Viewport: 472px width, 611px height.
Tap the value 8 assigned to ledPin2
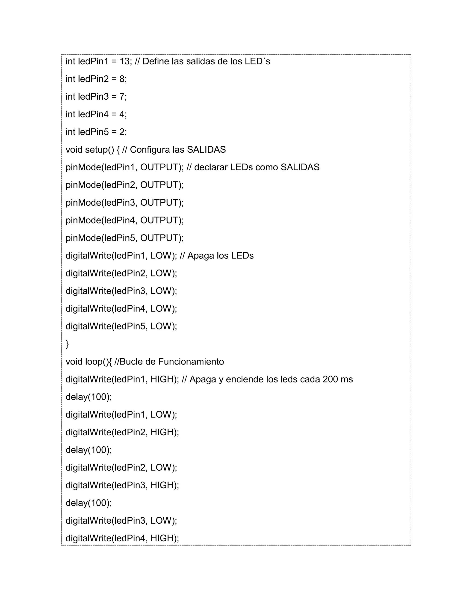point(122,79)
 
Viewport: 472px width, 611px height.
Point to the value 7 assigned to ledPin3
point(122,97)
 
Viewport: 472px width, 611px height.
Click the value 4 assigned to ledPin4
point(122,114)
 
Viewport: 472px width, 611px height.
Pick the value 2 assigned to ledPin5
point(122,132)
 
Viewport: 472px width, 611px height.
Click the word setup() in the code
point(100,150)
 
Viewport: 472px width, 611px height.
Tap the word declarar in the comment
point(211,167)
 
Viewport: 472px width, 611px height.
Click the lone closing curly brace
point(67,344)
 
